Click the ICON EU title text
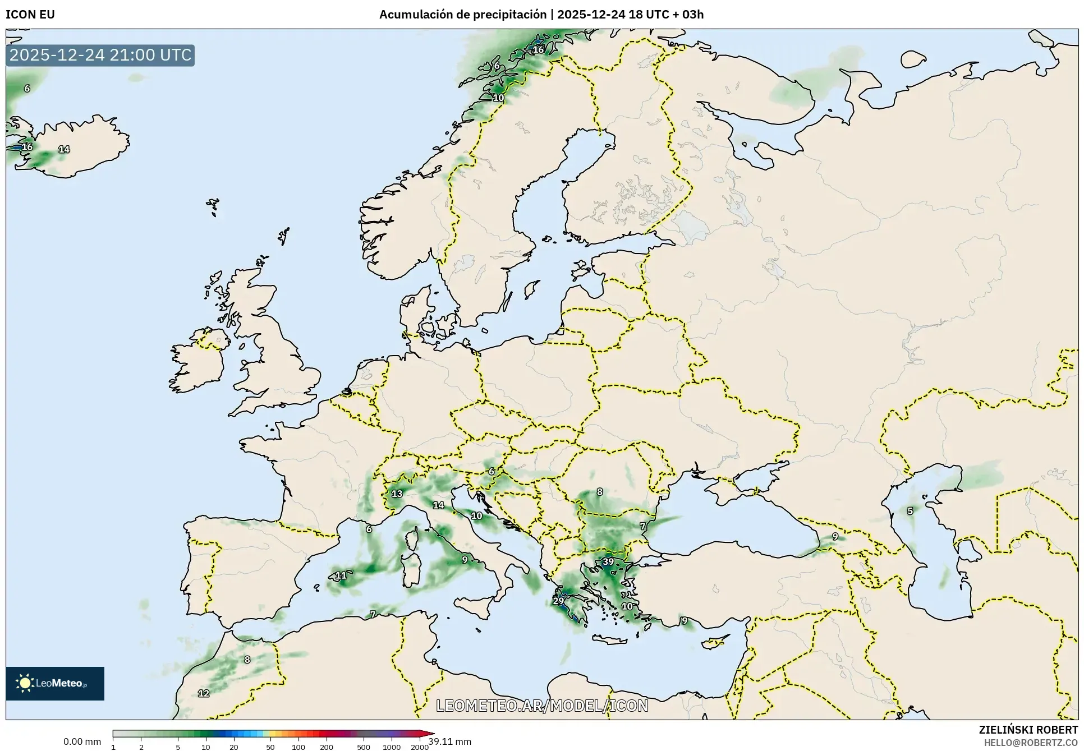point(30,15)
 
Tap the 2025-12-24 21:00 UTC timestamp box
point(100,55)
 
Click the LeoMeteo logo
point(54,683)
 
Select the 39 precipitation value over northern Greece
point(608,561)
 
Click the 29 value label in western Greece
point(558,601)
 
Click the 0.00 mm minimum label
point(82,741)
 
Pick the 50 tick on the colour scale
point(270,747)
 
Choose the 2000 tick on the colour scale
point(419,747)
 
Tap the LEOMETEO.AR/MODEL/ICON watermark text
point(542,706)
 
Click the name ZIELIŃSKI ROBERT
point(1028,730)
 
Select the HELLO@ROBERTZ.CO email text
point(1031,743)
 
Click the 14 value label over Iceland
point(64,149)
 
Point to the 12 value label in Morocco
point(204,693)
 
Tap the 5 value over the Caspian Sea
point(910,511)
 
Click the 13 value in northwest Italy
point(397,494)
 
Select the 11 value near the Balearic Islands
point(341,575)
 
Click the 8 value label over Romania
point(599,491)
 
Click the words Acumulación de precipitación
point(462,15)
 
